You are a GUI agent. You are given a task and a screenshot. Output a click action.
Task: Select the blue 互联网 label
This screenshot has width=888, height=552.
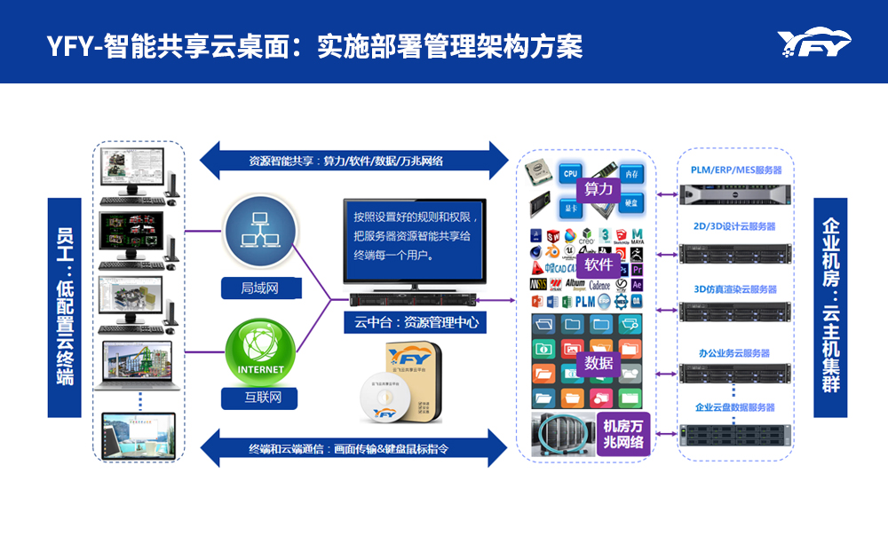coord(260,397)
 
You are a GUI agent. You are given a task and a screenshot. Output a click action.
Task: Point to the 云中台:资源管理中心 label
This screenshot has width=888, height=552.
coord(416,322)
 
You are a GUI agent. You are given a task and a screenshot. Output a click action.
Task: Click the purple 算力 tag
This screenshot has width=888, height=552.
coord(599,189)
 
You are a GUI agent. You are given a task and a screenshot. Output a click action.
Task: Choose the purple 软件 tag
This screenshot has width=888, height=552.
coord(599,264)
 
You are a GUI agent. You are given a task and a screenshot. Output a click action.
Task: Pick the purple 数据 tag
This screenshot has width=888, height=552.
coord(599,362)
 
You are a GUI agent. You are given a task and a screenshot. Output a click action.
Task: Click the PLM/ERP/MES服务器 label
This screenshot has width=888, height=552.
coord(735,170)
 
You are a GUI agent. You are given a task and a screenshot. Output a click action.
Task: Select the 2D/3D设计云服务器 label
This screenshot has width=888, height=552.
coord(735,226)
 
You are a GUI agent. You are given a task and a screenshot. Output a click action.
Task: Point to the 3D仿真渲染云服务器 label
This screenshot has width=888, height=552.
coord(735,289)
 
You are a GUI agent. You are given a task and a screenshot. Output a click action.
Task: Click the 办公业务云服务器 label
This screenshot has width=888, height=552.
coord(735,352)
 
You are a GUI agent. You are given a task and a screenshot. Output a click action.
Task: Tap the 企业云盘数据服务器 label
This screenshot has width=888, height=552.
coord(735,407)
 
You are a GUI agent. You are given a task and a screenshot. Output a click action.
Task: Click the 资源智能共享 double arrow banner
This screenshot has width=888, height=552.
coord(346,161)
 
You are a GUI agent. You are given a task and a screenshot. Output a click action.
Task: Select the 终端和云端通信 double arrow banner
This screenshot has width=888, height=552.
coord(346,448)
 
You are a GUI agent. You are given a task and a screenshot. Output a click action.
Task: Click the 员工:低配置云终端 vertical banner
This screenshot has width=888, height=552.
coord(64,307)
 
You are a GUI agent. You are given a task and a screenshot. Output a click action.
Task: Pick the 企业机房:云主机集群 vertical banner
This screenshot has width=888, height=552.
coord(830,307)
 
